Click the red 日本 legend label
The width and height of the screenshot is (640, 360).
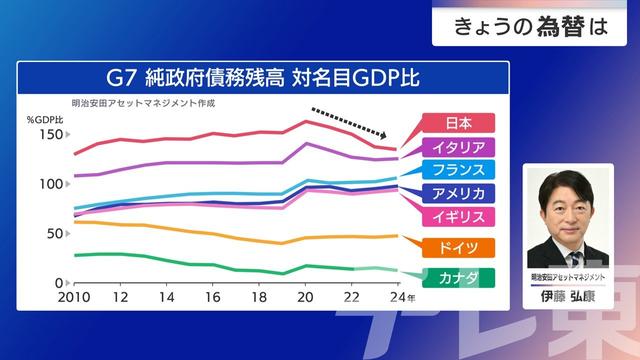pyautogui.click(x=457, y=123)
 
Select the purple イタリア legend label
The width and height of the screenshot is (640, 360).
pyautogui.click(x=457, y=147)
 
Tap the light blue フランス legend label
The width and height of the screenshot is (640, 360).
pyautogui.click(x=457, y=170)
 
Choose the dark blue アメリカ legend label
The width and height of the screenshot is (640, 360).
pyautogui.click(x=457, y=193)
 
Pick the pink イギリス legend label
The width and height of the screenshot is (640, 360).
pyautogui.click(x=457, y=216)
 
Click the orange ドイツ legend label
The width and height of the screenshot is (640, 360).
pyautogui.click(x=457, y=248)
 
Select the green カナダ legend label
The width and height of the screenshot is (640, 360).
pyautogui.click(x=457, y=277)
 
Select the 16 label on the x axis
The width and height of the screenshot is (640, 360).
pyautogui.click(x=212, y=299)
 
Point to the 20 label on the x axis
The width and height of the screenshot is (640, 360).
pyautogui.click(x=305, y=299)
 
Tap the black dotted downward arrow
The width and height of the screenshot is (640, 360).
pyautogui.click(x=350, y=123)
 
